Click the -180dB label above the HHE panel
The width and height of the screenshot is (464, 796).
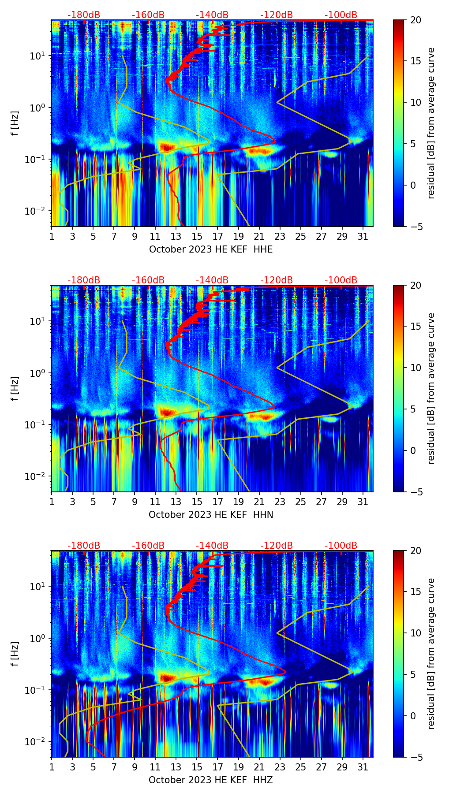click(84, 15)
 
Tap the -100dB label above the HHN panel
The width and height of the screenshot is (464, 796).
click(341, 280)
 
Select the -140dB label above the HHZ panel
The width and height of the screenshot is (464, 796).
click(212, 546)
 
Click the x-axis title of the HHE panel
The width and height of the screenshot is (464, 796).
click(211, 249)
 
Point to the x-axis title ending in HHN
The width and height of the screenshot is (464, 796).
click(211, 515)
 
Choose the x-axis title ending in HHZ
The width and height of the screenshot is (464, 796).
click(211, 780)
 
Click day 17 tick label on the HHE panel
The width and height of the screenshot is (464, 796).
click(218, 236)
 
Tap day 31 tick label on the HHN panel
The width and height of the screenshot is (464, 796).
click(363, 502)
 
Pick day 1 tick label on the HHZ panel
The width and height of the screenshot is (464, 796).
click(52, 767)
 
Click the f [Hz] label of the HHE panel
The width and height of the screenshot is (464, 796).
click(15, 123)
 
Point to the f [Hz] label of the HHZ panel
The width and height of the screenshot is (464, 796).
click(15, 654)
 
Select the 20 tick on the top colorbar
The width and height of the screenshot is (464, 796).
click(415, 20)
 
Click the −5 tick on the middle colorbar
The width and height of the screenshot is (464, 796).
click(415, 491)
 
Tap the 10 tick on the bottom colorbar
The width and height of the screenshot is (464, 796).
click(415, 633)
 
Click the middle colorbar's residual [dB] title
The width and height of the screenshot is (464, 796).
click(431, 388)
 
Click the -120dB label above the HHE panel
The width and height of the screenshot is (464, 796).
click(277, 15)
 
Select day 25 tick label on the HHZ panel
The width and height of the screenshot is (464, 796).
click(300, 767)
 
